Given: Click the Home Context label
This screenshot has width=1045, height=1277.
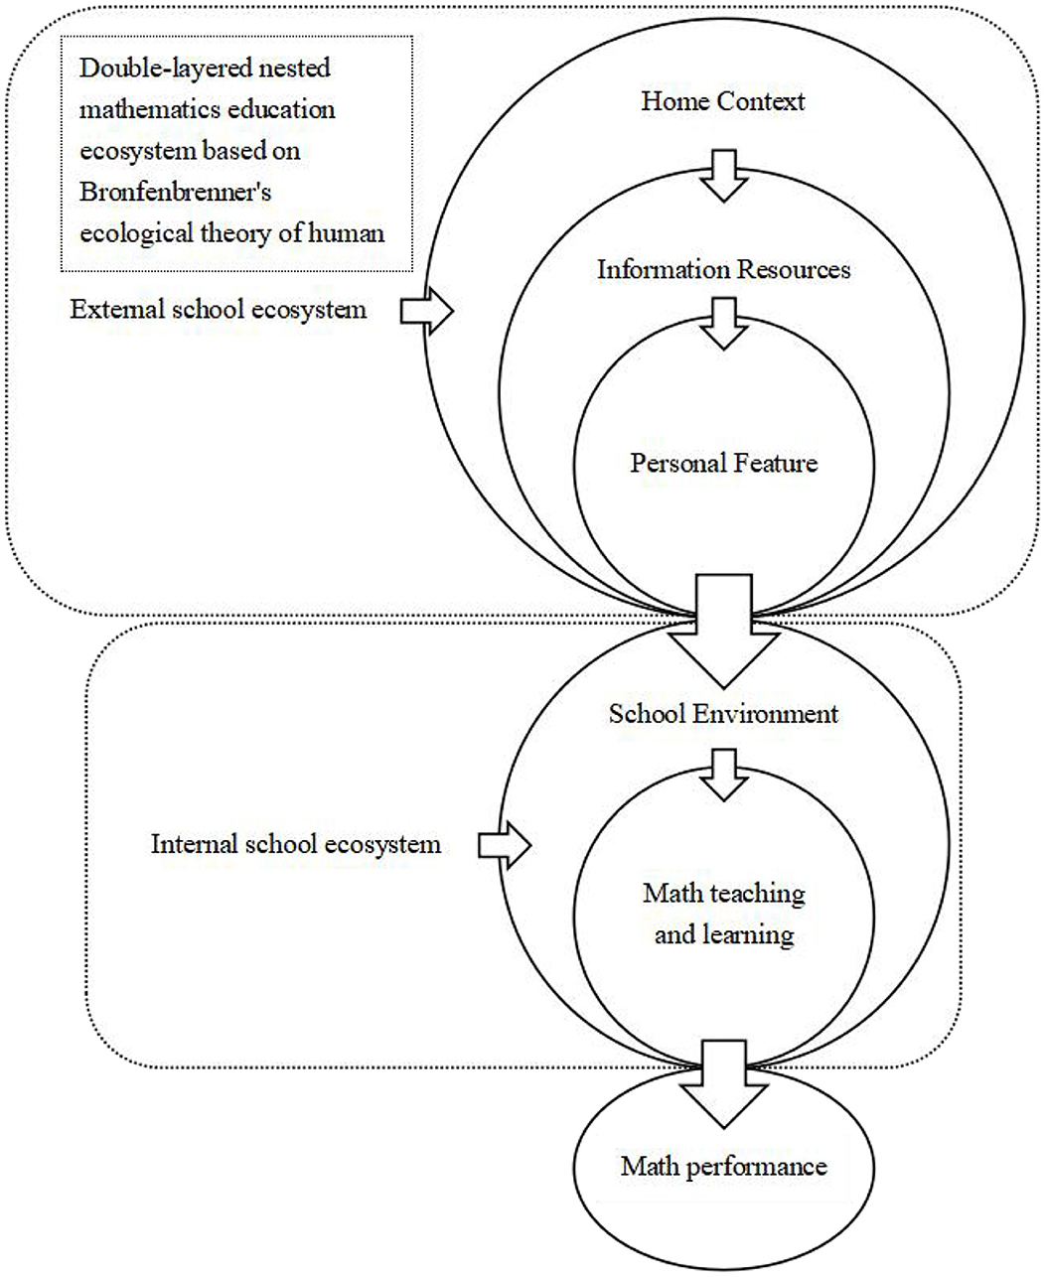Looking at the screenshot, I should pyautogui.click(x=722, y=101).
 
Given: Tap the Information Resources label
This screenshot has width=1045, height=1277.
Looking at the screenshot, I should pyautogui.click(x=723, y=270).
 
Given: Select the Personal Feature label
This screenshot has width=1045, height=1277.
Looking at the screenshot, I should pyautogui.click(x=723, y=463).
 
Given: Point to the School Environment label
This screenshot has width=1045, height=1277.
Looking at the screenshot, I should pyautogui.click(x=723, y=714).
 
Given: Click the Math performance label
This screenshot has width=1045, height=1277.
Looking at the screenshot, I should pyautogui.click(x=723, y=1166).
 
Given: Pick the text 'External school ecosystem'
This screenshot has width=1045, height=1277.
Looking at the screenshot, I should pyautogui.click(x=218, y=310).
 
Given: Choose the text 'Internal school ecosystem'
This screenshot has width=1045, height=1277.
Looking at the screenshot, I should pyautogui.click(x=295, y=844).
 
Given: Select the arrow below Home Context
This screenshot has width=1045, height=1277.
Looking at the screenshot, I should pyautogui.click(x=724, y=175).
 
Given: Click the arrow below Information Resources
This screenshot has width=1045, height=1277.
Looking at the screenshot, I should pyautogui.click(x=724, y=324).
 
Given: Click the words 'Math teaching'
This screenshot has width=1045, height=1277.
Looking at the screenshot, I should pyautogui.click(x=723, y=894).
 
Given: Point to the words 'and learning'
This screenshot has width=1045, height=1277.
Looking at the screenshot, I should pyautogui.click(x=723, y=934).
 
